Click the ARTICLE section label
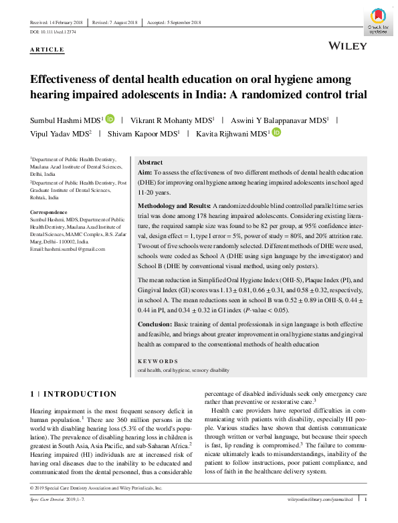click(x=47, y=49)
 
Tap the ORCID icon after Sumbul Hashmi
click(x=129, y=119)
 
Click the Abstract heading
click(x=150, y=163)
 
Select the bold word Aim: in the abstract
click(x=145, y=173)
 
